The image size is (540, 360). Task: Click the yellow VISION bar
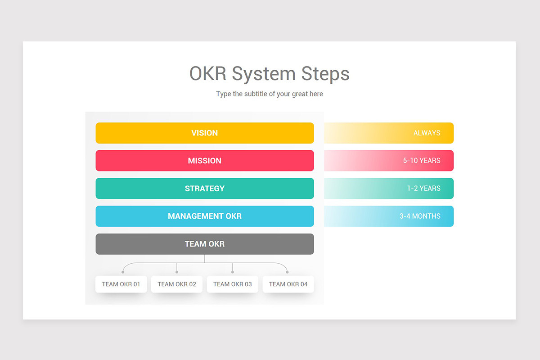205,133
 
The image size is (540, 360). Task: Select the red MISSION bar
205,161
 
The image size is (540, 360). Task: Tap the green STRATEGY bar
205,189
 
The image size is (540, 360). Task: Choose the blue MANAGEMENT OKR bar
205,216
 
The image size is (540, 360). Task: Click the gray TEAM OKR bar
205,244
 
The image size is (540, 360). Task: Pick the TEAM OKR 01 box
121,284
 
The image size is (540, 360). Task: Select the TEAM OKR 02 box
177,284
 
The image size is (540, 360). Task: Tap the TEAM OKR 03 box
233,284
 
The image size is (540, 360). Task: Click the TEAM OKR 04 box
288,284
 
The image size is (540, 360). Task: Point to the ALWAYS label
427,133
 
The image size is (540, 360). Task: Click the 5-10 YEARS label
422,161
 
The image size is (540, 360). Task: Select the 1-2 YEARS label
423,189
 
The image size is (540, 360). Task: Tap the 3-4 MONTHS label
420,216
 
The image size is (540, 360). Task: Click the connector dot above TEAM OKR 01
123,272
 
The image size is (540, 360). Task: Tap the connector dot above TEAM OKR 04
288,272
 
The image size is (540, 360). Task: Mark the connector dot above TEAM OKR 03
233,272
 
